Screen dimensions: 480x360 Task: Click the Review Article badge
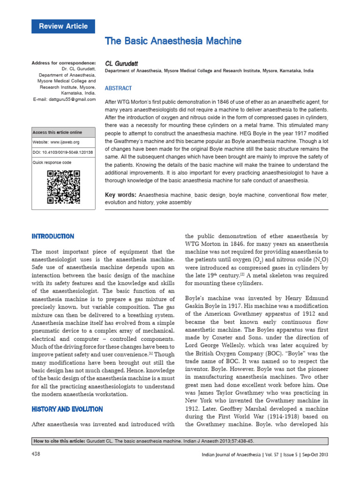tap(63, 26)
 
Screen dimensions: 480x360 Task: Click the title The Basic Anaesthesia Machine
tap(173, 41)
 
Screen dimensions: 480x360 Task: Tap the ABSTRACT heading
tap(118, 88)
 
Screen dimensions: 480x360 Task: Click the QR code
tap(63, 187)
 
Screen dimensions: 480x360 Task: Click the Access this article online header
tap(57, 132)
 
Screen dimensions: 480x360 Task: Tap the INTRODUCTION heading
tap(52, 236)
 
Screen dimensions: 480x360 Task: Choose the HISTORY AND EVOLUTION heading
tap(67, 409)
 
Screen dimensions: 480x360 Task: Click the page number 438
tap(36, 454)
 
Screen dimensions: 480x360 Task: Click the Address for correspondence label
tap(63, 63)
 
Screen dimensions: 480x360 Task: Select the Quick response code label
tap(52, 162)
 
